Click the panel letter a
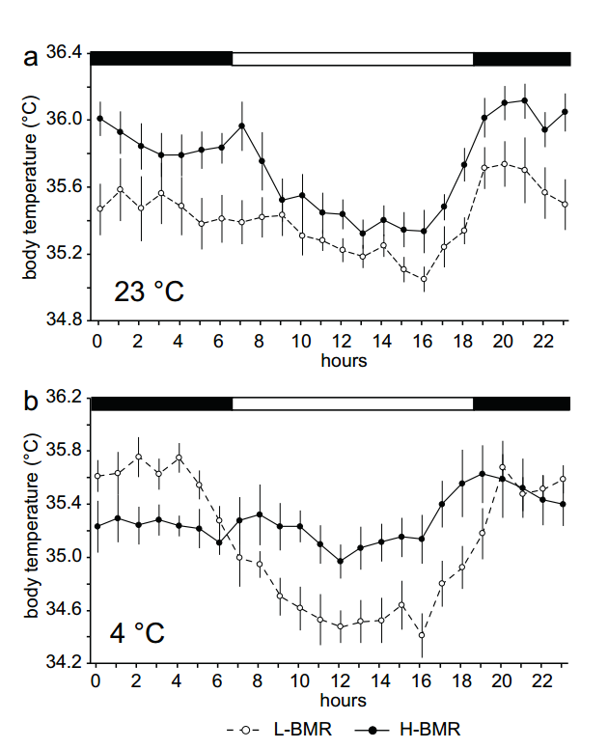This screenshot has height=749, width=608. click(31, 57)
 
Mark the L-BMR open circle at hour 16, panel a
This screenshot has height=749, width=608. click(424, 279)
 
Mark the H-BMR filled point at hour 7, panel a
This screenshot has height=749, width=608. click(241, 125)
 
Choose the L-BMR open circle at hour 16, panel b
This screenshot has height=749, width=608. click(422, 635)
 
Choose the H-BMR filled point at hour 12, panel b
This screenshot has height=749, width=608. click(340, 561)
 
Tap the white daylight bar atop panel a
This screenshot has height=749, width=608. click(352, 59)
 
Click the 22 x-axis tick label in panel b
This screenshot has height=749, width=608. click(544, 682)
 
